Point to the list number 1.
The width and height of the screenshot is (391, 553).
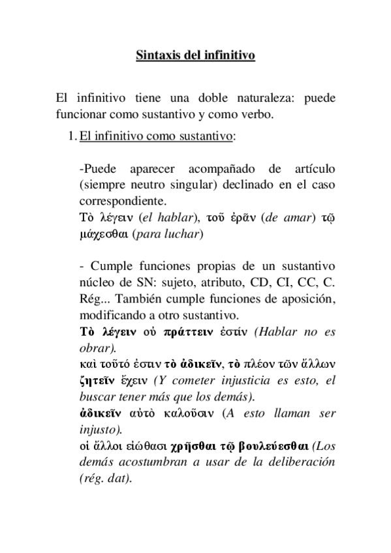coord(70,137)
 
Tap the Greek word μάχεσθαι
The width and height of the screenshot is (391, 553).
coord(103,234)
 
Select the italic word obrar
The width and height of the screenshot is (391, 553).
coord(93,348)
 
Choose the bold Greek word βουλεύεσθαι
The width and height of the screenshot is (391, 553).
coord(267,446)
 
